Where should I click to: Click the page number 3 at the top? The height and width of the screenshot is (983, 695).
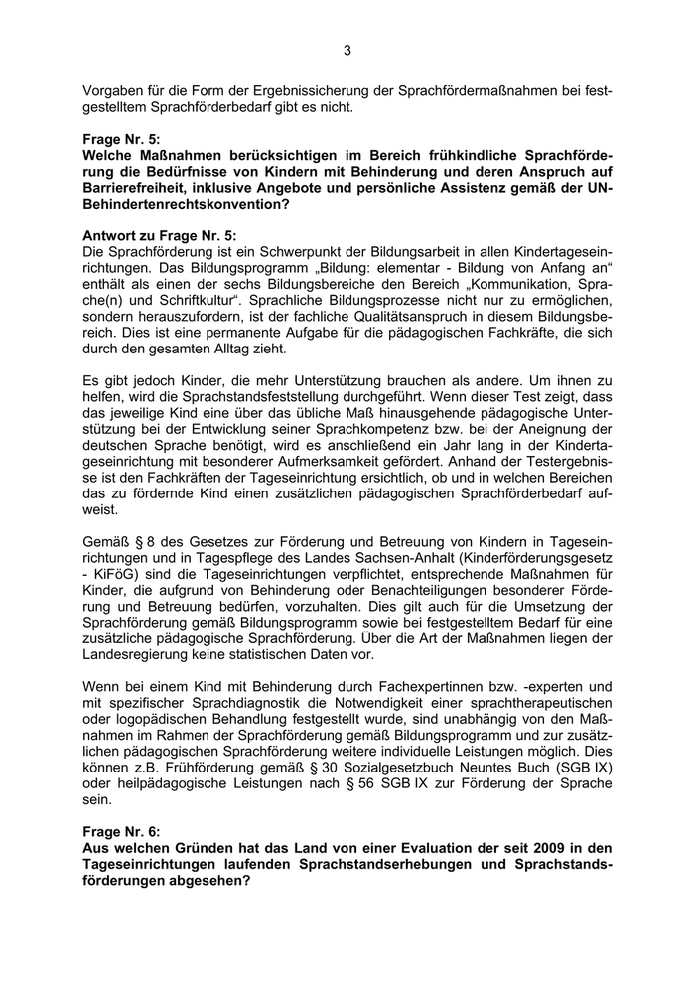click(x=347, y=51)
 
